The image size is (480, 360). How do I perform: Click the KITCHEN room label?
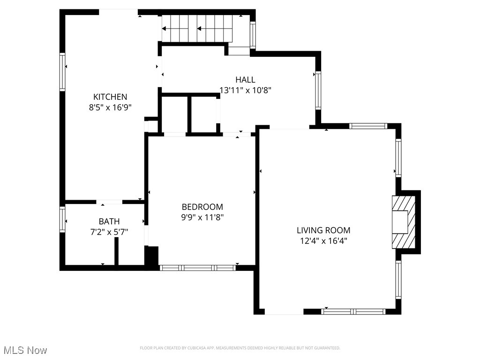coord(110,97)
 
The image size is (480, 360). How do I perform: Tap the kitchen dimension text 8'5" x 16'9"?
coord(110,107)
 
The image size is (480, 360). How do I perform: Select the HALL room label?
coord(245,80)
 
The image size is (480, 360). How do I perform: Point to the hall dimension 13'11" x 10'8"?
coord(245,90)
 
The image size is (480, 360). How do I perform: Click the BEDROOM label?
coord(202,207)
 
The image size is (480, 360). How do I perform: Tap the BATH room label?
coord(109,221)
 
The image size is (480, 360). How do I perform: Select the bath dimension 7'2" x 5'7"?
coord(109,231)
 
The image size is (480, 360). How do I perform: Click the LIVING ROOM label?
coord(323,230)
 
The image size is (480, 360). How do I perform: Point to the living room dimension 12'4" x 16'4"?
coord(323,240)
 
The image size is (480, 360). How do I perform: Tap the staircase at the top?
coord(197,29)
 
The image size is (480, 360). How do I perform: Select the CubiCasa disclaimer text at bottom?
coord(240,348)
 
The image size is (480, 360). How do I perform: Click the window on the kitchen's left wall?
coord(62,71)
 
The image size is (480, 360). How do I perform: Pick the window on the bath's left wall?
coord(62,219)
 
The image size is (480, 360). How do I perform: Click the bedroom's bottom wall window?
coord(197,268)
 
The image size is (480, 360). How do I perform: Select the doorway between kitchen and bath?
coord(110,202)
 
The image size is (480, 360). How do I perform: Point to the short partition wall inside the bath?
coord(116,252)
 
